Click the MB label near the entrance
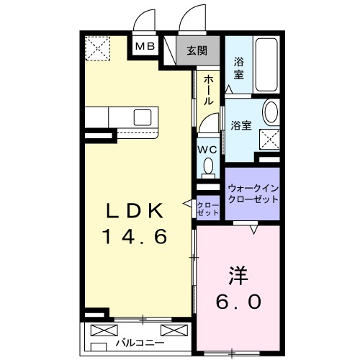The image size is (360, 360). tap(145, 47)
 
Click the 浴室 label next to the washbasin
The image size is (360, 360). tap(240, 125)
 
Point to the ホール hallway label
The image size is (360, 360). tap(208, 90)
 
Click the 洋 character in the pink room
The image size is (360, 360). tap(240, 275)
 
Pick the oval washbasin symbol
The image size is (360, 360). tap(271, 113)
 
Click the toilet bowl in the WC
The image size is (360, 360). tap(209, 168)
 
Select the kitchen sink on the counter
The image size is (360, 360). tap(141, 115)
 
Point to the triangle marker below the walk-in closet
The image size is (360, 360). tap(253, 230)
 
